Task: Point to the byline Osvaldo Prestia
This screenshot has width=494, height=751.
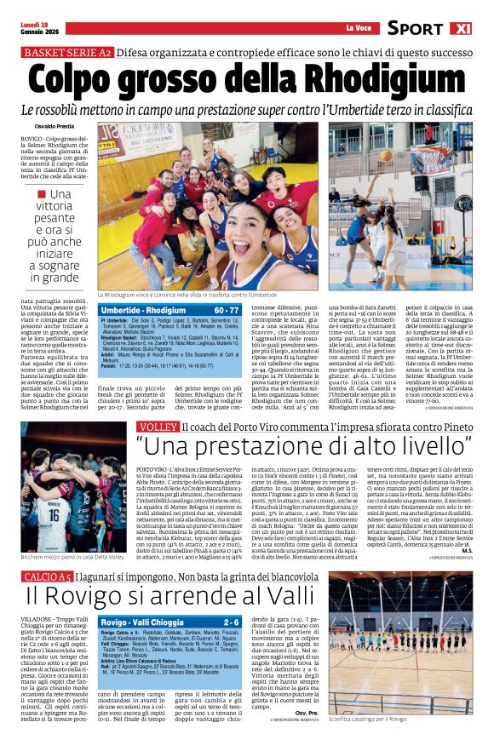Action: click(x=40, y=126)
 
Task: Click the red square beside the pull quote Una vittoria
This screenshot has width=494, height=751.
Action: click(x=43, y=193)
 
